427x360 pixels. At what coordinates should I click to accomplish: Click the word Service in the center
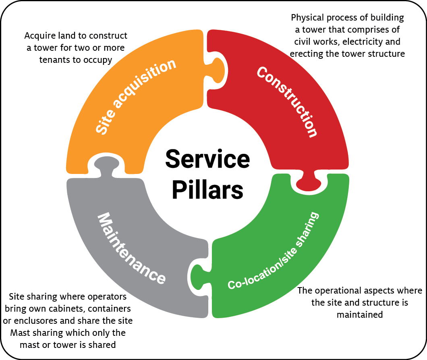click(207, 159)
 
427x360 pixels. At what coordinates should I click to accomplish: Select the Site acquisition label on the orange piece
click(135, 97)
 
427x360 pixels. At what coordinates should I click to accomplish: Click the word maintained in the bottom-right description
click(360, 314)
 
